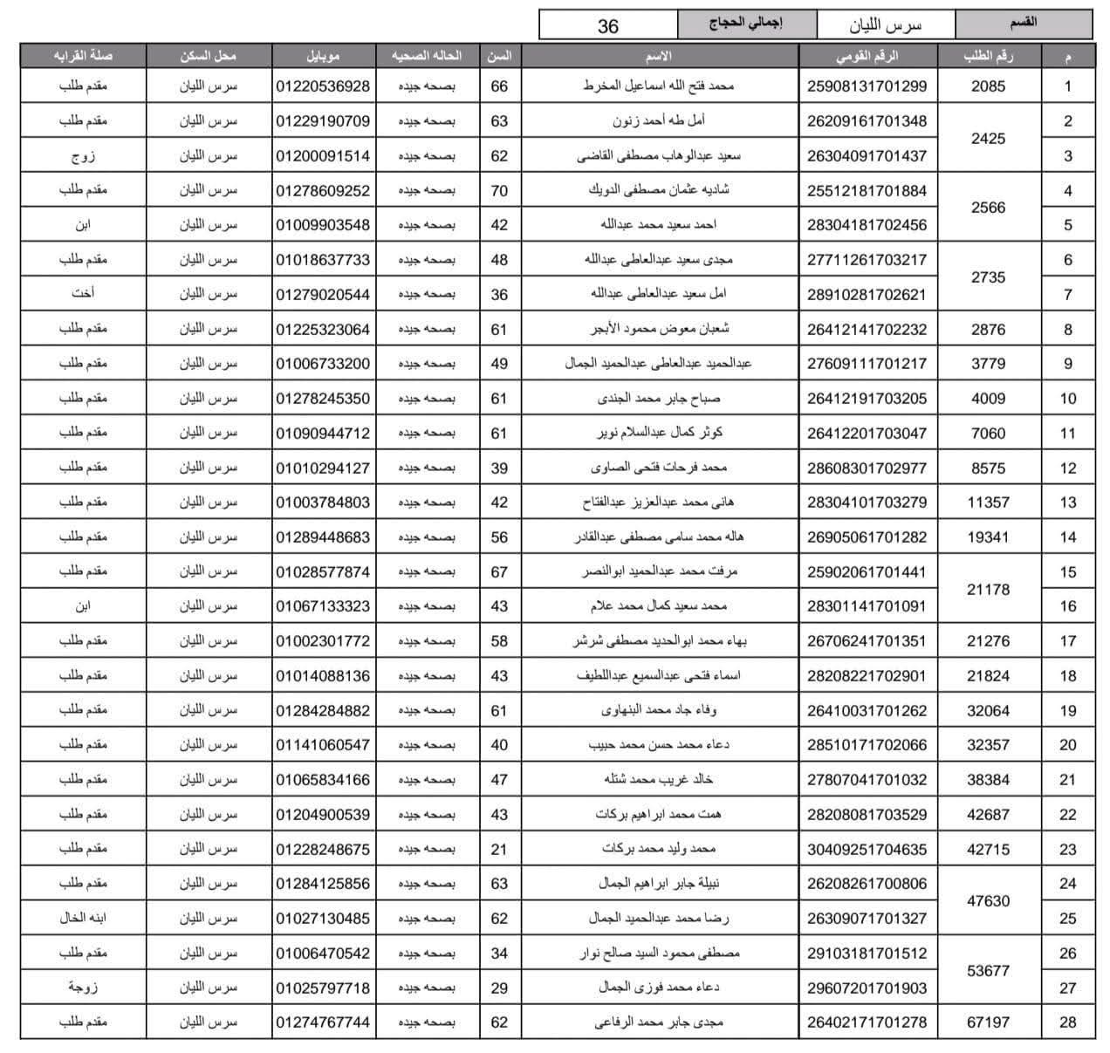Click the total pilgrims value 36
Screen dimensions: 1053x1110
(x=607, y=26)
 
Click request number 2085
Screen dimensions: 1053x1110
(x=988, y=86)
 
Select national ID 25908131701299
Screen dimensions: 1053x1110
(x=867, y=86)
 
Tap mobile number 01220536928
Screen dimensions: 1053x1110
(x=323, y=86)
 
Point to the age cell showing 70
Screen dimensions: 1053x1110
(x=499, y=190)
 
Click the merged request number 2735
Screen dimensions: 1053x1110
(x=988, y=277)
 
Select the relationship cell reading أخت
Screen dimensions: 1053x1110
(x=83, y=294)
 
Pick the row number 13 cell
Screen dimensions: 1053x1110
(x=1067, y=503)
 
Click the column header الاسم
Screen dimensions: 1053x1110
(x=658, y=56)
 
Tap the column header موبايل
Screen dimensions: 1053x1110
(x=323, y=56)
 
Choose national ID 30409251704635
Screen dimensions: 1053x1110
(x=867, y=849)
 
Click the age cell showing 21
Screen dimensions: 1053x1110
(x=499, y=849)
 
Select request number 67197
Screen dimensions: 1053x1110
(x=988, y=1022)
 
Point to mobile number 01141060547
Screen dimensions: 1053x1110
(x=323, y=745)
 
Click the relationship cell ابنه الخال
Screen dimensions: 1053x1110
(x=83, y=918)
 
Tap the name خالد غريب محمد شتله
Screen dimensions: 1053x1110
(x=658, y=779)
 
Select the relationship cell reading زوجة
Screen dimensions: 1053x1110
(x=83, y=988)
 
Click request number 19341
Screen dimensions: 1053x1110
(x=988, y=537)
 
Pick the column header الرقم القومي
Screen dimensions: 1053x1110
(x=867, y=56)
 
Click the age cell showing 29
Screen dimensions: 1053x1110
(x=499, y=988)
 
